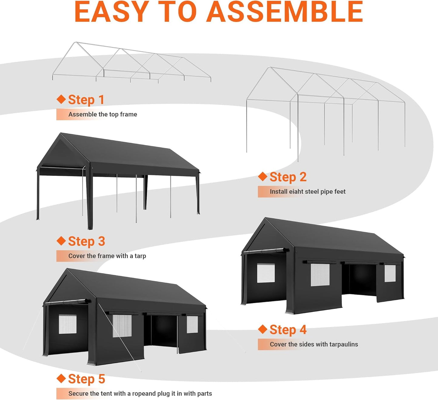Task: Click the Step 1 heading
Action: pos(86,100)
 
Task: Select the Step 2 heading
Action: pos(288,177)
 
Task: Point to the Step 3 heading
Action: pos(86,241)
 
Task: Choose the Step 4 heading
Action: pos(288,330)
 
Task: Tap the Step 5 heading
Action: pos(86,379)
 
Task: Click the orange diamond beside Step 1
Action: pos(61,99)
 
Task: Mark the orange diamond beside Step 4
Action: pos(262,329)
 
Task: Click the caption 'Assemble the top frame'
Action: pos(102,114)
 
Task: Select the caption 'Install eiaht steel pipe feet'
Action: pos(307,192)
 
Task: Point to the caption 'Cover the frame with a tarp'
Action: pos(107,256)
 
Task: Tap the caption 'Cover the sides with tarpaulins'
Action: pos(314,344)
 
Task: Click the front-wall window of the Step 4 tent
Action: pos(266,273)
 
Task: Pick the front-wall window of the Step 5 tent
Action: pos(67,324)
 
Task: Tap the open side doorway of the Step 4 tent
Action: pos(359,279)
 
